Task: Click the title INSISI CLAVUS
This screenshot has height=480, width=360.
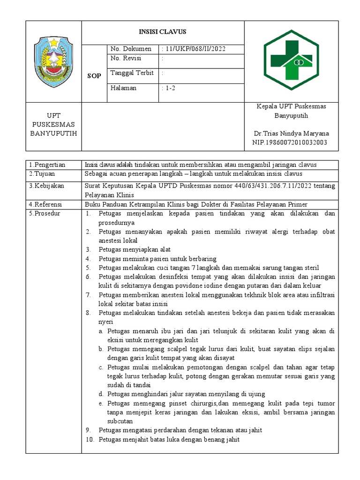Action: (x=163, y=32)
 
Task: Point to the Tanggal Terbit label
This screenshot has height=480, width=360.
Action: (x=132, y=73)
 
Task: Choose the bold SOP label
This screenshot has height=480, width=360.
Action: (x=94, y=76)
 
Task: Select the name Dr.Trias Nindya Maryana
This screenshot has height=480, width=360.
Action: (x=291, y=134)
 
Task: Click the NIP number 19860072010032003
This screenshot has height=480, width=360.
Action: (x=290, y=142)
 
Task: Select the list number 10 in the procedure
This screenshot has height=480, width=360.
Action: (x=90, y=439)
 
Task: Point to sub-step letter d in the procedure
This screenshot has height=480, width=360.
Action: (x=101, y=394)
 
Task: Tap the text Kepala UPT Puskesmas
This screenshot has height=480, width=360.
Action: (x=291, y=106)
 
